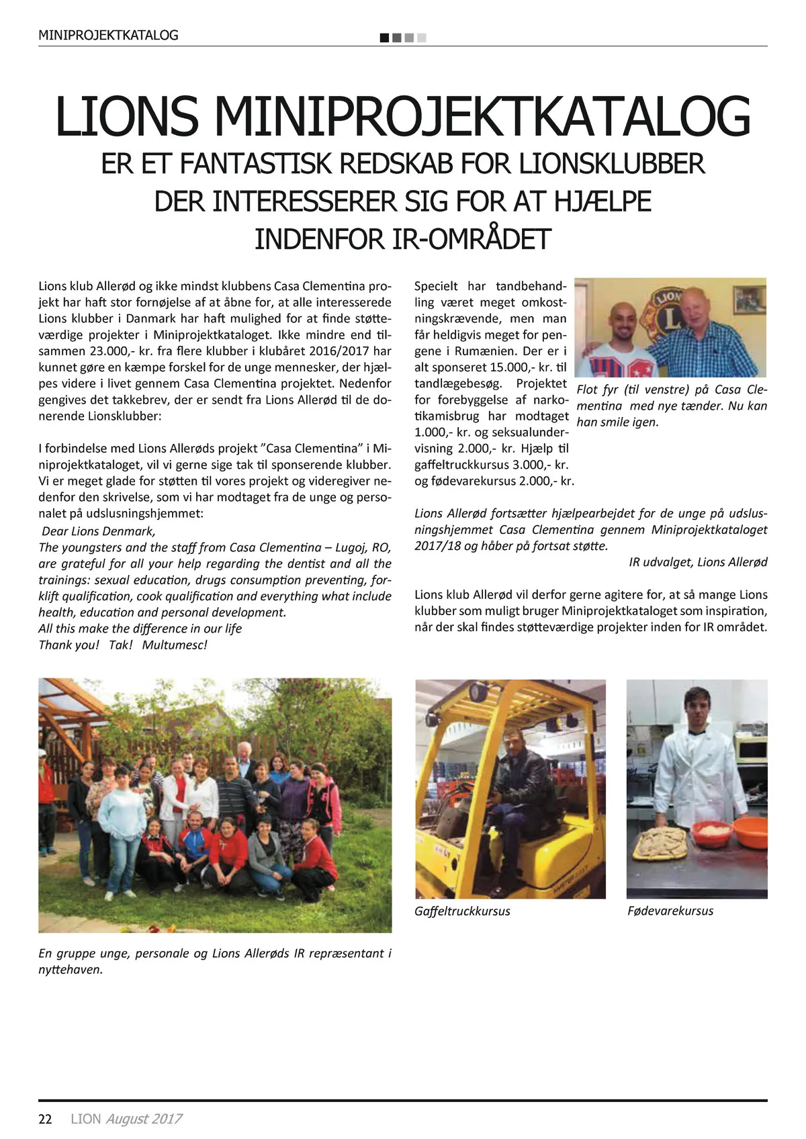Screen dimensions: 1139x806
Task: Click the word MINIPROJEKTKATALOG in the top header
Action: tap(108, 36)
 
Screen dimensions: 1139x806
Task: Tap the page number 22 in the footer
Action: tap(46, 1119)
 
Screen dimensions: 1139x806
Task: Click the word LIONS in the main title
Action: tap(127, 118)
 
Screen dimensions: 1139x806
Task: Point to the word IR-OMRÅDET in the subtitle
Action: tap(402, 239)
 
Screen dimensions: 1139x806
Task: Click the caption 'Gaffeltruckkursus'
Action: tap(462, 911)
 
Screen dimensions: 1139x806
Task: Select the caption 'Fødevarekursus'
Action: tap(670, 911)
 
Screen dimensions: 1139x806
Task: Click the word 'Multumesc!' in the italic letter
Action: tap(175, 645)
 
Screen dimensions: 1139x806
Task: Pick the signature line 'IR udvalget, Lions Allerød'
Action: tap(698, 562)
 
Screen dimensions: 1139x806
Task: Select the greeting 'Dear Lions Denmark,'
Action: tap(98, 531)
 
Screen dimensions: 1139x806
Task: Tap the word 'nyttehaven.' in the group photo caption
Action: tap(71, 970)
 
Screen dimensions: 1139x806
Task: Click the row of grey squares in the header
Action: tap(403, 38)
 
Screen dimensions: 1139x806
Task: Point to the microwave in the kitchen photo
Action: tap(750, 747)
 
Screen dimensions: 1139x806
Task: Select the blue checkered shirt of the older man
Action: tap(705, 349)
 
